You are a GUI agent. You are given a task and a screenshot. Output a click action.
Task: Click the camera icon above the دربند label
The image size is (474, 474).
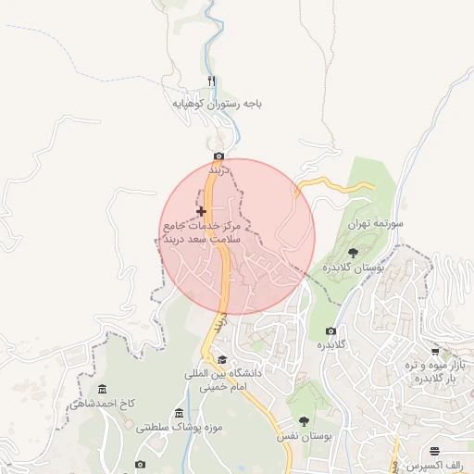[x=218, y=156]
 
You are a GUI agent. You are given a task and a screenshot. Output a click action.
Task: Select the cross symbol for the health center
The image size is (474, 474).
[x=201, y=212]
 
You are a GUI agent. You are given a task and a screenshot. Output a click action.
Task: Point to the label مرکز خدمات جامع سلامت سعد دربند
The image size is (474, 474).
[x=201, y=231]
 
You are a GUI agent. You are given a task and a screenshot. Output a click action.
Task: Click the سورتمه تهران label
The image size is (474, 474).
[x=379, y=224]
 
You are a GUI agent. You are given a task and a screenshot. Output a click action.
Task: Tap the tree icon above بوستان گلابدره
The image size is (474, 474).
[x=353, y=252]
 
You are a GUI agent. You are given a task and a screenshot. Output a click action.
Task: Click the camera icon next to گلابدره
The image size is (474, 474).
[x=331, y=331]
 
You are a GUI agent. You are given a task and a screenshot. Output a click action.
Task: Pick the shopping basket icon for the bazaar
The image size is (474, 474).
[x=436, y=353]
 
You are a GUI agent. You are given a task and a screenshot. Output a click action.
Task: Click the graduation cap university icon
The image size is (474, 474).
[x=221, y=359]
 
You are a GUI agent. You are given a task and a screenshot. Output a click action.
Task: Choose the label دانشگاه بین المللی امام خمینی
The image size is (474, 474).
[x=226, y=380]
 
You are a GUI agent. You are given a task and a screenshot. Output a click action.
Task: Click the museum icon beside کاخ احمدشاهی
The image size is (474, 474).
[x=100, y=386]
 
